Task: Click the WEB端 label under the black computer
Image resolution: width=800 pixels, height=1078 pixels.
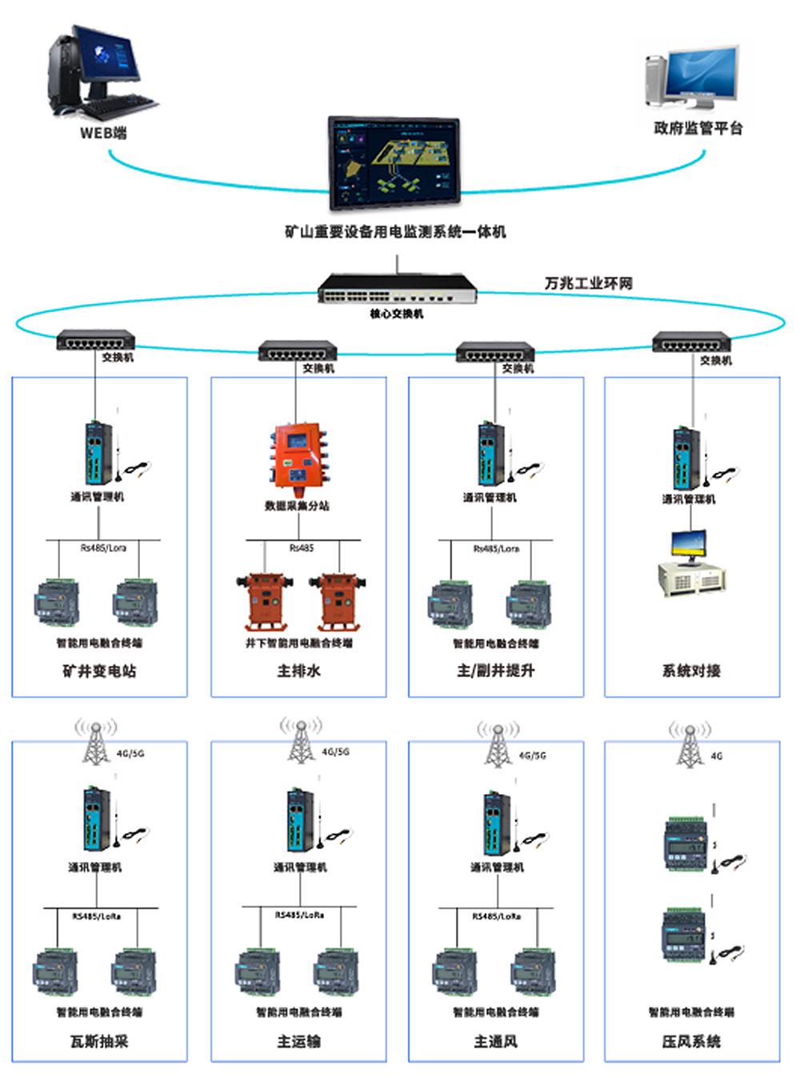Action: point(103,134)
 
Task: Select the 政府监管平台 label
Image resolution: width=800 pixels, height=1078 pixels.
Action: point(698,128)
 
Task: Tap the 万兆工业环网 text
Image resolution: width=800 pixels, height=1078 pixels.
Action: point(588,283)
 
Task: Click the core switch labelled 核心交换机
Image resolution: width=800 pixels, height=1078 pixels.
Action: point(398,288)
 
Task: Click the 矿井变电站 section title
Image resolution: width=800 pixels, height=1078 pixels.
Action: point(99,671)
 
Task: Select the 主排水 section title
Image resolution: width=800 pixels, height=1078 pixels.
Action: point(298,671)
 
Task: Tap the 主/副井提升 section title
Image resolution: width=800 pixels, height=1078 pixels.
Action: point(495,671)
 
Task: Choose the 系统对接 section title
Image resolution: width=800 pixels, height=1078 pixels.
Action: point(691,671)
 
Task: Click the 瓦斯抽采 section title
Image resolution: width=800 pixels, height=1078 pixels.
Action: point(99,1041)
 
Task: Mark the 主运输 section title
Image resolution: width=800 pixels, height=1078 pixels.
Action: point(298,1041)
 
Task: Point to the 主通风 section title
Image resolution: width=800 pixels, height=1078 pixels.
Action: point(495,1041)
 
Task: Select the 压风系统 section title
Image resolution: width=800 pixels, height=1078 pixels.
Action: point(691,1041)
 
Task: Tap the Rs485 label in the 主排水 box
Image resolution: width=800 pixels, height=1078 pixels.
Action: point(302,548)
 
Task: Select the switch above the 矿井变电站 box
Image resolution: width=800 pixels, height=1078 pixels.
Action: point(95,342)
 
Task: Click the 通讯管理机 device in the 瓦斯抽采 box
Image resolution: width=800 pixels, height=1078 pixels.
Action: point(96,820)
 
